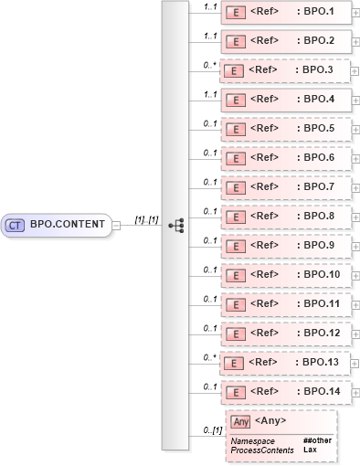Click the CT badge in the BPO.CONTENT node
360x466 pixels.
click(16, 224)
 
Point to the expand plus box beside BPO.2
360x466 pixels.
click(355, 41)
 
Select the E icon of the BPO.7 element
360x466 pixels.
click(234, 188)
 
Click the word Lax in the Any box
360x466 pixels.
click(310, 450)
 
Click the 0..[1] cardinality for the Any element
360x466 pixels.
click(213, 430)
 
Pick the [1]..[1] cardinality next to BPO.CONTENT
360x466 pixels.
click(146, 219)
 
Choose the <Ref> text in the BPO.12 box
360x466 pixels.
click(263, 334)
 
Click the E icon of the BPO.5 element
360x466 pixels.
click(234, 130)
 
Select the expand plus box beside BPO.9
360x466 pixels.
click(355, 246)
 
